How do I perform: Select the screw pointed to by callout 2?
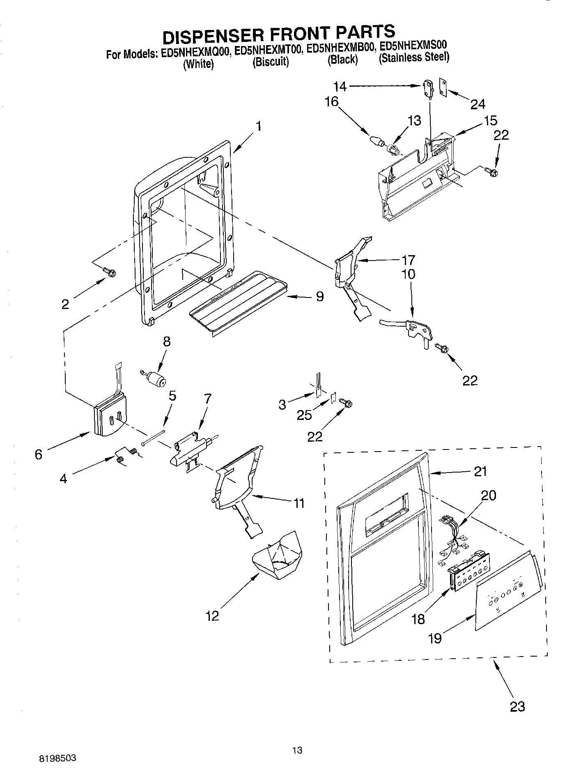[109, 272]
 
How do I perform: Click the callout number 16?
[331, 101]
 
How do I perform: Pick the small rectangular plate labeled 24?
[443, 88]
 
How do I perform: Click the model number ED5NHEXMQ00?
[194, 53]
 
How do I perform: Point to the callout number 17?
[409, 260]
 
